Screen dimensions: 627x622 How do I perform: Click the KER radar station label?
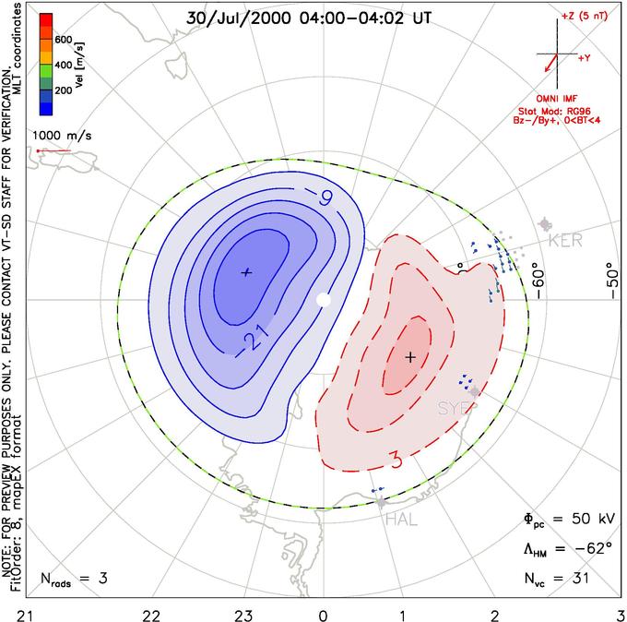(x=565, y=241)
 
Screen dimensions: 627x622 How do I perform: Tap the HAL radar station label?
(x=401, y=520)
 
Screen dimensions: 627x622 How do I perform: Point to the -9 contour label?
(x=319, y=197)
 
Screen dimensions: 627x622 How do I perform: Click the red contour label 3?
(x=396, y=461)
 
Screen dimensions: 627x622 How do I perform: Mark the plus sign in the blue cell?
(x=246, y=272)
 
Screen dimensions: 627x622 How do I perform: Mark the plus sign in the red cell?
(x=410, y=356)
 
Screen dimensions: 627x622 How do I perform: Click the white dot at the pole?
(x=324, y=299)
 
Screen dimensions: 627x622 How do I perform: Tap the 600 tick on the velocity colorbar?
(x=64, y=40)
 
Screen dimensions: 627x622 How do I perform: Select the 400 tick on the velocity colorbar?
(x=64, y=65)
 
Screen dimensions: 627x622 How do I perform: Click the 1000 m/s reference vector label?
(x=62, y=136)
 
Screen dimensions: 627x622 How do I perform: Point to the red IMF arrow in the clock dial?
(x=551, y=63)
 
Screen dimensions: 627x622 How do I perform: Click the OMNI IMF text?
(x=557, y=99)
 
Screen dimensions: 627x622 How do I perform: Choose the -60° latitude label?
(x=539, y=283)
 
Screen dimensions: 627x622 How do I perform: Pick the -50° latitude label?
(x=613, y=281)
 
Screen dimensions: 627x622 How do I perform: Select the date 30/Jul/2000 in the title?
(x=238, y=18)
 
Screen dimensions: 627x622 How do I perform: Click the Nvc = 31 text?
(x=557, y=579)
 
